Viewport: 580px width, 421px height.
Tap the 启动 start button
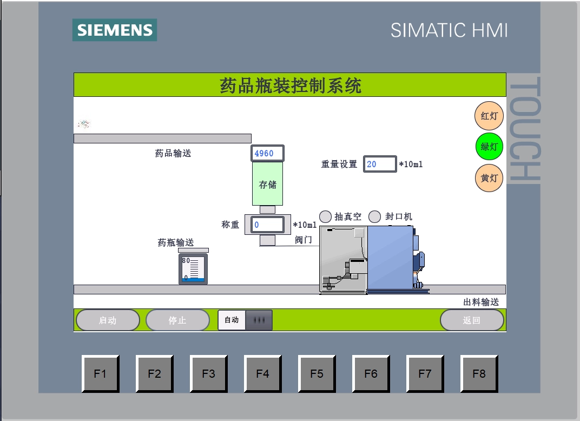coord(108,320)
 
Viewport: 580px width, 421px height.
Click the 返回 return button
coord(471,320)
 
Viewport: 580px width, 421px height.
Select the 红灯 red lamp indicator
coord(489,116)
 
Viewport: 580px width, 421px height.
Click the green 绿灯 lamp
coord(489,147)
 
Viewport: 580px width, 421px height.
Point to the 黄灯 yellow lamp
coord(489,177)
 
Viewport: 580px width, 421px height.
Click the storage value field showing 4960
coord(267,154)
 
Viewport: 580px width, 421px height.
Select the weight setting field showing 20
coord(379,164)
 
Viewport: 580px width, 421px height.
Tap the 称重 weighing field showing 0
coord(267,225)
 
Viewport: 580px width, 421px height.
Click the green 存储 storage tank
coord(267,184)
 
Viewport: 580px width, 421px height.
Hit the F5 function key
coord(317,373)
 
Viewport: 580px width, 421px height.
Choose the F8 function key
coord(479,373)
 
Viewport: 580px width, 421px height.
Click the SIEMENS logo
coord(115,30)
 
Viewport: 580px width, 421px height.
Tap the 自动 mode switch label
coord(232,320)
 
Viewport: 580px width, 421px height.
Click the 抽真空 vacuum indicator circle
coord(325,216)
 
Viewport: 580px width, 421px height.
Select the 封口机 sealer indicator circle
coord(375,216)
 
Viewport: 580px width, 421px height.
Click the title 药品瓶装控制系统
coord(290,85)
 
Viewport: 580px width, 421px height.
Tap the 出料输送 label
coord(481,302)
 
